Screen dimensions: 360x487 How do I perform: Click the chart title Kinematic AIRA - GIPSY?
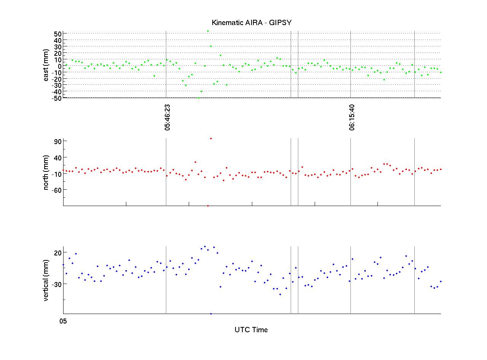pyautogui.click(x=251, y=23)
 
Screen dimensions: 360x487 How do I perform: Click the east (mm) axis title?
pyautogui.click(x=46, y=65)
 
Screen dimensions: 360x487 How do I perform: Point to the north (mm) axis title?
pyautogui.click(x=46, y=172)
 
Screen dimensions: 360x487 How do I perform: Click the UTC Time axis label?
pyautogui.click(x=251, y=330)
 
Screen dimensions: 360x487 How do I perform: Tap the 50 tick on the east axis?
pyautogui.click(x=57, y=33)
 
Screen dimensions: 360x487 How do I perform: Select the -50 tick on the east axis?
pyautogui.click(x=56, y=98)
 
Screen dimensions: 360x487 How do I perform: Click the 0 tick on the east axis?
pyautogui.click(x=59, y=65)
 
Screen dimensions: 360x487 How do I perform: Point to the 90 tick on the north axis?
pyautogui.click(x=57, y=141)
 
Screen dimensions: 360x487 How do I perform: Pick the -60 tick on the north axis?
pyautogui.click(x=56, y=190)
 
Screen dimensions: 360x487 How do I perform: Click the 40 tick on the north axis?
pyautogui.click(x=57, y=157)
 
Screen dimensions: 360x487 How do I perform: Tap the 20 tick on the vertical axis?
pyautogui.click(x=57, y=252)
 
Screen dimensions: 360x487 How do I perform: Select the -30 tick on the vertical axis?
pyautogui.click(x=56, y=284)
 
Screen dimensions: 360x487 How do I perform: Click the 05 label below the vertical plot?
pyautogui.click(x=63, y=321)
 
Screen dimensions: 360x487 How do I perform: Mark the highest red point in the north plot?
pyautogui.click(x=211, y=138)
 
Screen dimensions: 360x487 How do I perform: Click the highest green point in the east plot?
pyautogui.click(x=208, y=31)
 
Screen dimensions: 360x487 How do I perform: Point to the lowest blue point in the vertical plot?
pyautogui.click(x=211, y=314)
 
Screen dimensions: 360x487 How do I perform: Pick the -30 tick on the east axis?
pyautogui.click(x=56, y=85)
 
